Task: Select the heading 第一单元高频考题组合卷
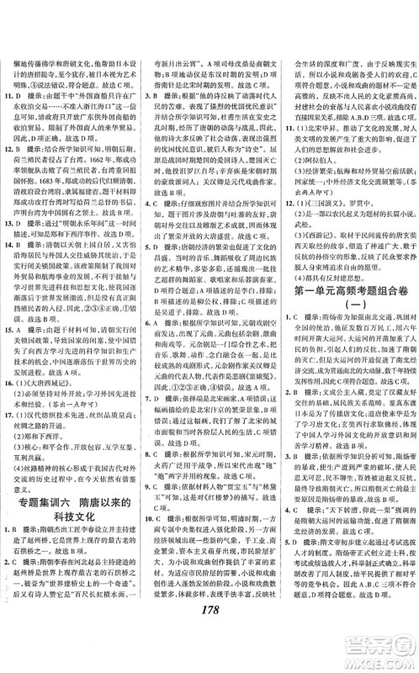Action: coord(347,312)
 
